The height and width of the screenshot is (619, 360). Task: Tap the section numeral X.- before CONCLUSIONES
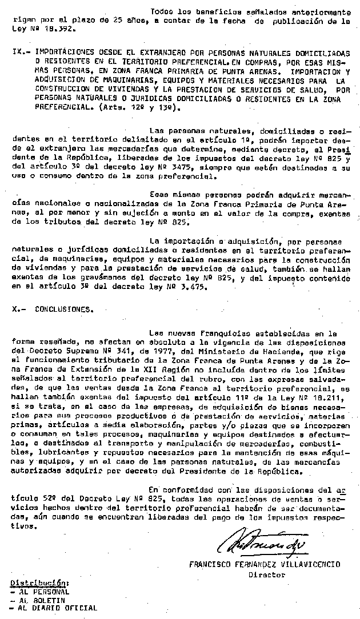19,308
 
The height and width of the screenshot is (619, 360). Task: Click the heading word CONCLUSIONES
63,308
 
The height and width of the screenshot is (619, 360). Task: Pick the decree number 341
93,351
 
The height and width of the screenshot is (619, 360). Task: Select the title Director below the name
266,574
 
